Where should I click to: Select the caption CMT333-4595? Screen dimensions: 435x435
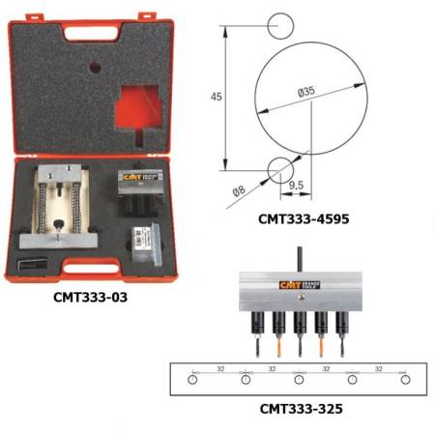[303, 219]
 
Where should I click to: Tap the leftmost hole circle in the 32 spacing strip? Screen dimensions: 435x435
[193, 380]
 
